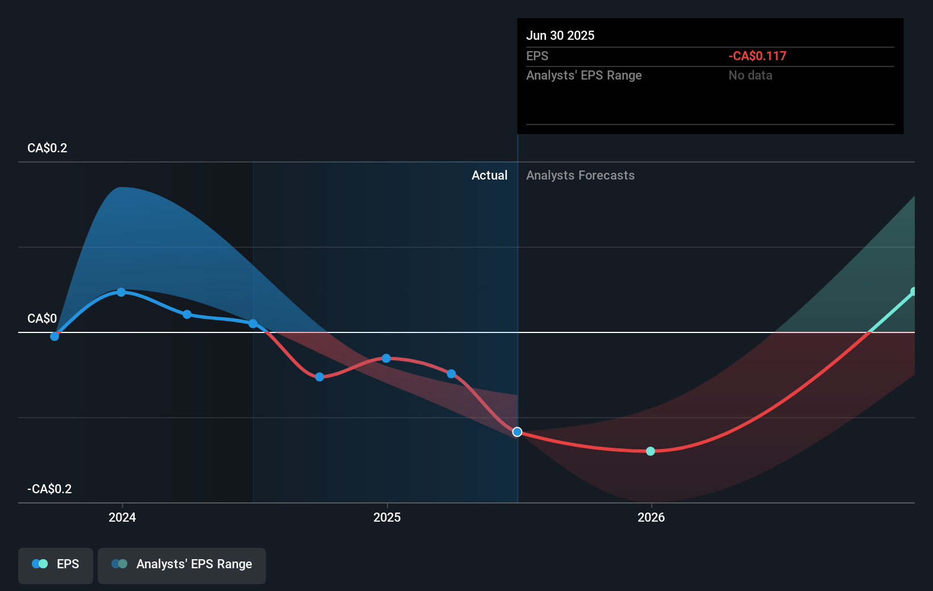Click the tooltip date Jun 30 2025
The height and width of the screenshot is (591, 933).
coord(560,35)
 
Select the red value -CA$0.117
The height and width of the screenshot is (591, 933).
coord(757,56)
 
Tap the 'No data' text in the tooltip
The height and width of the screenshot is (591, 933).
coord(750,75)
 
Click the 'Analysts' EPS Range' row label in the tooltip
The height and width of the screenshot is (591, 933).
coord(584,75)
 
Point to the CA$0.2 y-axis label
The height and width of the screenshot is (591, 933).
coord(47,148)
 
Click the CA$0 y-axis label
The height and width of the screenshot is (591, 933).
coord(42,318)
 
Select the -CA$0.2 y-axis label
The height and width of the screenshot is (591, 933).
coord(49,489)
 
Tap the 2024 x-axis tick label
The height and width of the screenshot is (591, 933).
coord(122,517)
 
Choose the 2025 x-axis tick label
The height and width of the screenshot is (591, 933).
coord(387,517)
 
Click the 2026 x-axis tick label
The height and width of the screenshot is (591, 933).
coord(651,517)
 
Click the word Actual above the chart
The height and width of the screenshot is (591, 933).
coord(489,175)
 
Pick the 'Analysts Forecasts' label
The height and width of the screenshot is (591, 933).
coord(580,175)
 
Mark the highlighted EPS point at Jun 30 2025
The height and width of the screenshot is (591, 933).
coord(517,432)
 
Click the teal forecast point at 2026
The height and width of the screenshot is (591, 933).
coord(651,451)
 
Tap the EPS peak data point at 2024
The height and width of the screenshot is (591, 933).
coord(121,292)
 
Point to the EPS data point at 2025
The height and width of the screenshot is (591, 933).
coord(386,358)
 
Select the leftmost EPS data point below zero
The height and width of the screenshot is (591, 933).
coord(55,336)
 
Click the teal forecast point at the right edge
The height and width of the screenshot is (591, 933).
coord(914,292)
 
